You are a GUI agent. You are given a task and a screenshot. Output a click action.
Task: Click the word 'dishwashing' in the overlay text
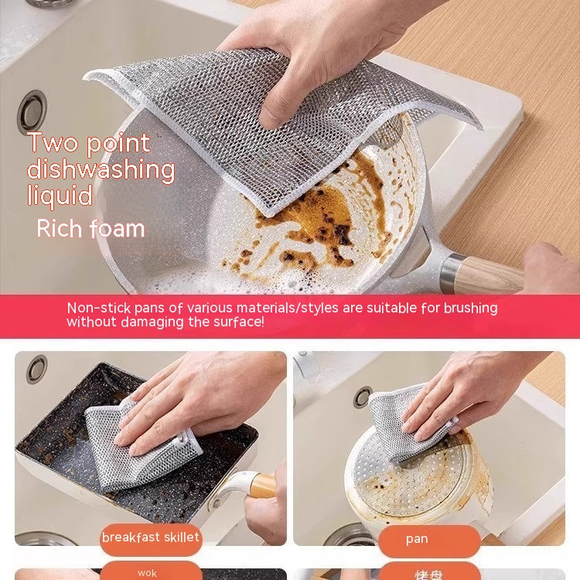(101, 169)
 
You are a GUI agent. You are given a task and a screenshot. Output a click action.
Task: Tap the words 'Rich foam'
(90, 228)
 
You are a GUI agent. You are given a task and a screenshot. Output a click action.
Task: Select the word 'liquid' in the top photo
(60, 195)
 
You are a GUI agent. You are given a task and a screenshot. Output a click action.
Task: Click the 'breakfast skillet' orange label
(151, 537)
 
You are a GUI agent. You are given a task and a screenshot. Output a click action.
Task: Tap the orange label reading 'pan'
(417, 538)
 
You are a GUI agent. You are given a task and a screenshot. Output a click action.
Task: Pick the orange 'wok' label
(146, 573)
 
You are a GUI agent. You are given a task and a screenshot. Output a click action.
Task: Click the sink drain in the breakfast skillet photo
(36, 369)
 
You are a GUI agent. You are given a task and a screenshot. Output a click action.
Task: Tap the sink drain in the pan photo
(363, 397)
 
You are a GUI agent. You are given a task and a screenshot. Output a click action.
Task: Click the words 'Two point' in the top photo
(88, 143)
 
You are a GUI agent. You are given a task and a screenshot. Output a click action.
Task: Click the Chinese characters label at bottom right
(430, 574)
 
